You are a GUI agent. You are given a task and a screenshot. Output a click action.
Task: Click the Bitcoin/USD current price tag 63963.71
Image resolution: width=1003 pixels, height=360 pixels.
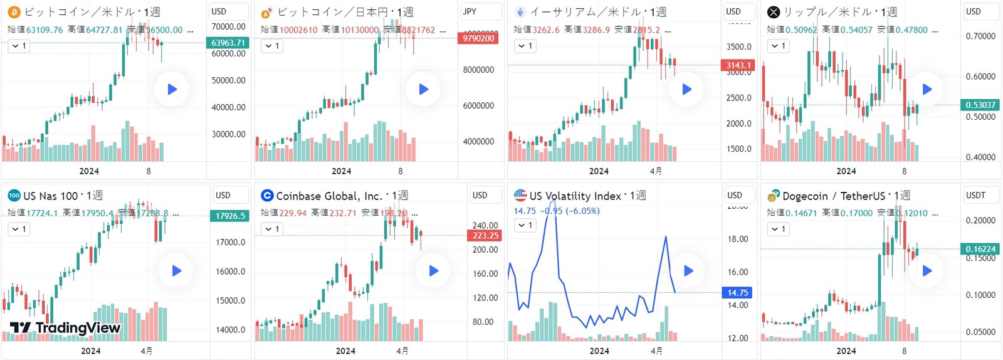pyautogui.click(x=228, y=43)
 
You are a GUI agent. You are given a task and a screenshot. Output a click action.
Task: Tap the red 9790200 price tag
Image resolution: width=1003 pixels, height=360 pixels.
pyautogui.click(x=478, y=38)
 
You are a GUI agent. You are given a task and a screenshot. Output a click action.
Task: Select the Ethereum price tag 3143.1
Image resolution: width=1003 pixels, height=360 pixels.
pyautogui.click(x=738, y=65)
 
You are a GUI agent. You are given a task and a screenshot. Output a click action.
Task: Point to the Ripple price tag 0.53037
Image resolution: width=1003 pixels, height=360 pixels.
pyautogui.click(x=981, y=105)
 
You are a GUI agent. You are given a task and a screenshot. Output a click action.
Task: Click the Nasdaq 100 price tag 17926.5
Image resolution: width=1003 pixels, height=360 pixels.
pyautogui.click(x=230, y=216)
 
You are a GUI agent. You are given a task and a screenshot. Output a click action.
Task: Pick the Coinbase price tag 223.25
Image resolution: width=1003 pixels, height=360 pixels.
pyautogui.click(x=485, y=236)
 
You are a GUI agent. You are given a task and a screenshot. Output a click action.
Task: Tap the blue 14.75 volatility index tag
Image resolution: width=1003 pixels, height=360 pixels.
pyautogui.click(x=738, y=292)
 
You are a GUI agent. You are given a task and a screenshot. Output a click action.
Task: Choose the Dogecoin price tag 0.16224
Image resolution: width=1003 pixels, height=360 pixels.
pyautogui.click(x=980, y=249)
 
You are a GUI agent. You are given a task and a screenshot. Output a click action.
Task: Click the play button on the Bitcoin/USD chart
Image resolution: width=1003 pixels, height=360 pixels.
pyautogui.click(x=172, y=89)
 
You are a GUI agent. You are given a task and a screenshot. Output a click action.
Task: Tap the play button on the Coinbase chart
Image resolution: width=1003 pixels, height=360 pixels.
pyautogui.click(x=433, y=271)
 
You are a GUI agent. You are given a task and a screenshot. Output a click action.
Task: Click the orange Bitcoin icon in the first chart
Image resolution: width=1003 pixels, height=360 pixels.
pyautogui.click(x=14, y=12)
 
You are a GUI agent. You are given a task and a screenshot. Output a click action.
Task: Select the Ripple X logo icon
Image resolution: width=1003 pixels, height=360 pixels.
pyautogui.click(x=774, y=12)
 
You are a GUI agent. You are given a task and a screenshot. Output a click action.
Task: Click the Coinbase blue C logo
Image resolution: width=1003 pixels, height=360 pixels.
pyautogui.click(x=267, y=196)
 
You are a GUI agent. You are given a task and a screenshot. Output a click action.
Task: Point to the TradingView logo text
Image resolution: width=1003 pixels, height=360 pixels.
pyautogui.click(x=65, y=327)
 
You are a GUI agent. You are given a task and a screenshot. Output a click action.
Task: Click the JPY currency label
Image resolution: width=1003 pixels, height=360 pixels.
pyautogui.click(x=470, y=11)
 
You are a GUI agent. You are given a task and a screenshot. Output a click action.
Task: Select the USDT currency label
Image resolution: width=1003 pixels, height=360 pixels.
pyautogui.click(x=975, y=195)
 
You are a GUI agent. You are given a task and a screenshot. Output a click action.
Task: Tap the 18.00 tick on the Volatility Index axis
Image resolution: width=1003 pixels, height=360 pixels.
pyautogui.click(x=738, y=239)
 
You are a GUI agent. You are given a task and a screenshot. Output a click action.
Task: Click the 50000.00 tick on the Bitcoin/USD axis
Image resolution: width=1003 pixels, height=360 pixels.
pyautogui.click(x=229, y=80)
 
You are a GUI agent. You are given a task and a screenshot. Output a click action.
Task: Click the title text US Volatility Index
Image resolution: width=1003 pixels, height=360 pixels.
pyautogui.click(x=575, y=196)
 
